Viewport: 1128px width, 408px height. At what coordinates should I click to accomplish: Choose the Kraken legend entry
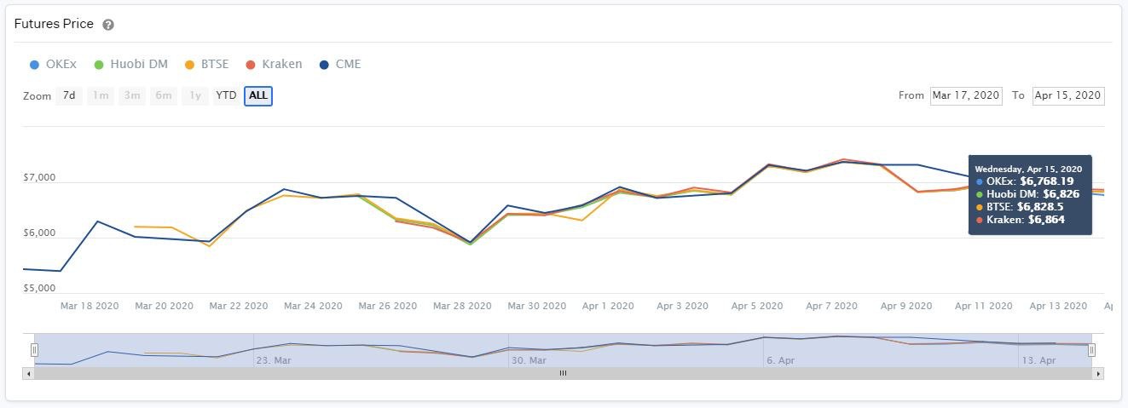pyautogui.click(x=273, y=64)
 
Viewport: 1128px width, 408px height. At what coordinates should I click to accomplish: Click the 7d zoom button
pyautogui.click(x=69, y=95)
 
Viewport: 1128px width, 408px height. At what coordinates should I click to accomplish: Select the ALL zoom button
pyautogui.click(x=258, y=95)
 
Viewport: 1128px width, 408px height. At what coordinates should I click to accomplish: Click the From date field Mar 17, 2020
pyautogui.click(x=966, y=95)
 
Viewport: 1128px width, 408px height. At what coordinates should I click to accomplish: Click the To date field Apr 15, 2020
pyautogui.click(x=1067, y=95)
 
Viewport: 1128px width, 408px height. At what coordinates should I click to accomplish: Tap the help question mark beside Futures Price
pyautogui.click(x=108, y=25)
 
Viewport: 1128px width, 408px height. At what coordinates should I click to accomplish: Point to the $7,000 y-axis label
pyautogui.click(x=38, y=178)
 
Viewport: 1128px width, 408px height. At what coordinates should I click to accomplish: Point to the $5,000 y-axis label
pyautogui.click(x=38, y=289)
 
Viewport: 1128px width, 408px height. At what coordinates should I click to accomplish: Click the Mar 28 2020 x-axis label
pyautogui.click(x=462, y=306)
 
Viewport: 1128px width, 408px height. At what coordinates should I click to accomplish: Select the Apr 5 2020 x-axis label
pyautogui.click(x=757, y=306)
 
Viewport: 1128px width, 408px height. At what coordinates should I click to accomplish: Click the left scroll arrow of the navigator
pyautogui.click(x=29, y=373)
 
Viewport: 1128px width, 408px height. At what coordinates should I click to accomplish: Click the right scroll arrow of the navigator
pyautogui.click(x=1098, y=373)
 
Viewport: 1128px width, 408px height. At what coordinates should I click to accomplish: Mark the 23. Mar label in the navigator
pyautogui.click(x=274, y=360)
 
